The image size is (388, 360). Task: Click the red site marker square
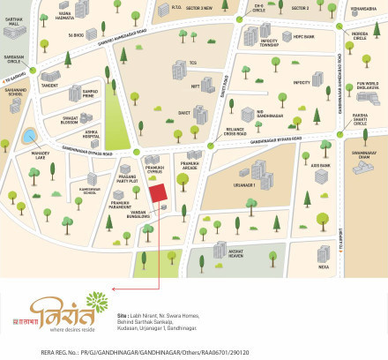(x=157, y=195)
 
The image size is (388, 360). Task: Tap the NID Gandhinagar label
(x=244, y=116)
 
